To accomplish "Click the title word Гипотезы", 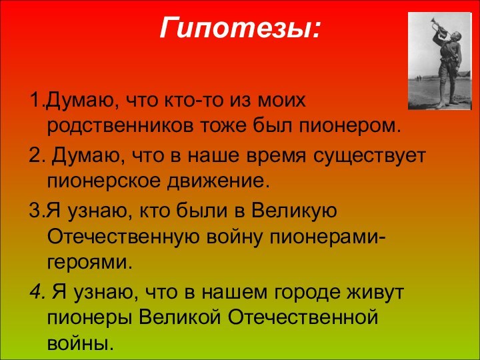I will pos(240,29).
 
